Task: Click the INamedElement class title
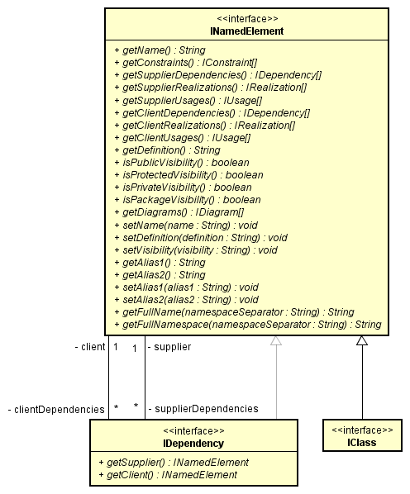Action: point(246,31)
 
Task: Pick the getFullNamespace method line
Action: point(247,325)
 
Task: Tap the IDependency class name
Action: point(193,444)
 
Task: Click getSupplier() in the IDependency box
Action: point(173,463)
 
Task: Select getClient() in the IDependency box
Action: point(167,475)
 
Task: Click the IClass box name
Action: point(362,443)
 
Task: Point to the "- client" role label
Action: point(89,347)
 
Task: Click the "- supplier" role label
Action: point(169,347)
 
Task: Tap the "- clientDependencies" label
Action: point(56,409)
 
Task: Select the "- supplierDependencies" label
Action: point(203,409)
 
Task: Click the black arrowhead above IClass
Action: point(362,340)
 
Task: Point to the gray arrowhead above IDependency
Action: point(276,340)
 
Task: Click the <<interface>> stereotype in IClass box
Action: point(362,430)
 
